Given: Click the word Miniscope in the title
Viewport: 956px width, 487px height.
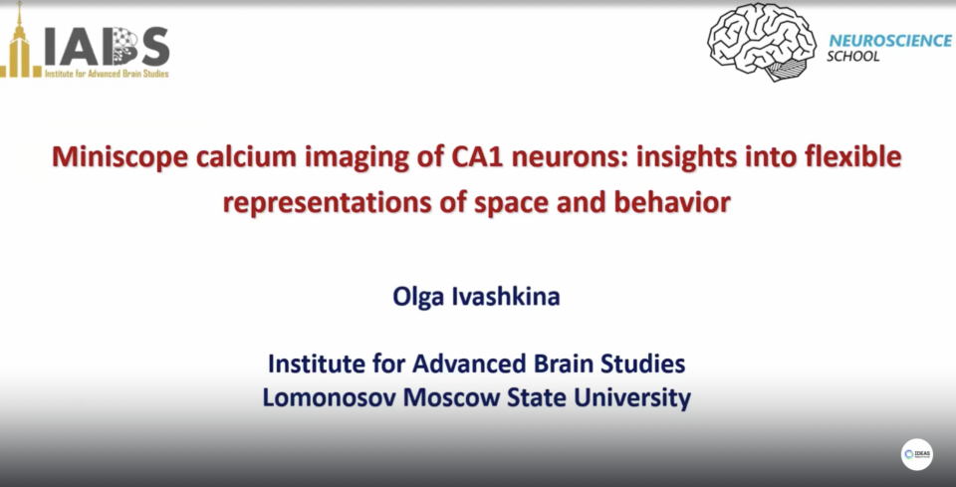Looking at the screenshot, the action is pos(119,157).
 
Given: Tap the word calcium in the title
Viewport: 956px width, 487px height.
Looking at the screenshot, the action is pos(246,156).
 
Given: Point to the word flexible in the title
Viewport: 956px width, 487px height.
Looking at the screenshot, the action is pos(852,156).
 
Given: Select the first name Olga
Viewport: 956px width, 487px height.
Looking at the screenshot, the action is pos(418,298).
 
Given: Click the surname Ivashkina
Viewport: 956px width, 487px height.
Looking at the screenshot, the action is pos(505,297).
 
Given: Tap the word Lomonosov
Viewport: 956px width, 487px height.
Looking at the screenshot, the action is pos(329,398).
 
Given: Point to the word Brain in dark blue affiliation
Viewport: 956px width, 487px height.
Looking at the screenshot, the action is pos(564,364).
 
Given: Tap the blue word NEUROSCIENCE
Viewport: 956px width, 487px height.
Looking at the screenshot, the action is pos(890,41).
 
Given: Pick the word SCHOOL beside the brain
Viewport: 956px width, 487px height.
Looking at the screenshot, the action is pos(853,57).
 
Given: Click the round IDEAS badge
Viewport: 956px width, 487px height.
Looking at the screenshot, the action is pos(917,454).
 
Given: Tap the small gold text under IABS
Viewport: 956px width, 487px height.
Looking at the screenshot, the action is pos(107,74).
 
